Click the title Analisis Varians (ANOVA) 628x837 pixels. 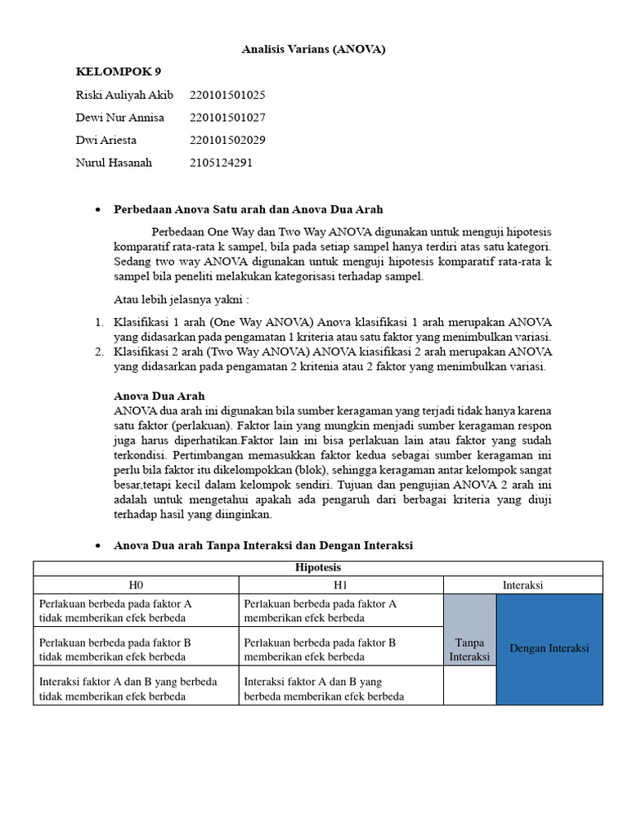[313, 49]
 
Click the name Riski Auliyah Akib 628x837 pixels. [124, 95]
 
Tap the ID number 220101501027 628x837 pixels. [227, 117]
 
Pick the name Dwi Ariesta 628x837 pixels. [106, 140]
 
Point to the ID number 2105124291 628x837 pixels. [221, 162]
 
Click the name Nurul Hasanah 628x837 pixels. [114, 162]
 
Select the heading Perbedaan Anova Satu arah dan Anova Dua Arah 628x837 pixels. [248, 209]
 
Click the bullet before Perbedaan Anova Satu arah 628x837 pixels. [97, 210]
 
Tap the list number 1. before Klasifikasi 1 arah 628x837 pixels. [98, 322]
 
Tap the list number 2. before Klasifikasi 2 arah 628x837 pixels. [98, 351]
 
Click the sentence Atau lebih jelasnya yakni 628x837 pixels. [181, 299]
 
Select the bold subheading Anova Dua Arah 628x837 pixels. [159, 396]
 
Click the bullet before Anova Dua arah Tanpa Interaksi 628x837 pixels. [97, 545]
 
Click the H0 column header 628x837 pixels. [136, 585]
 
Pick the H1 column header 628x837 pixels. [341, 585]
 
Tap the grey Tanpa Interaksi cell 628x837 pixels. [469, 650]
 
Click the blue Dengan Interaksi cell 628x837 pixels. [549, 648]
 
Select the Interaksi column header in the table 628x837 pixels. [523, 585]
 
